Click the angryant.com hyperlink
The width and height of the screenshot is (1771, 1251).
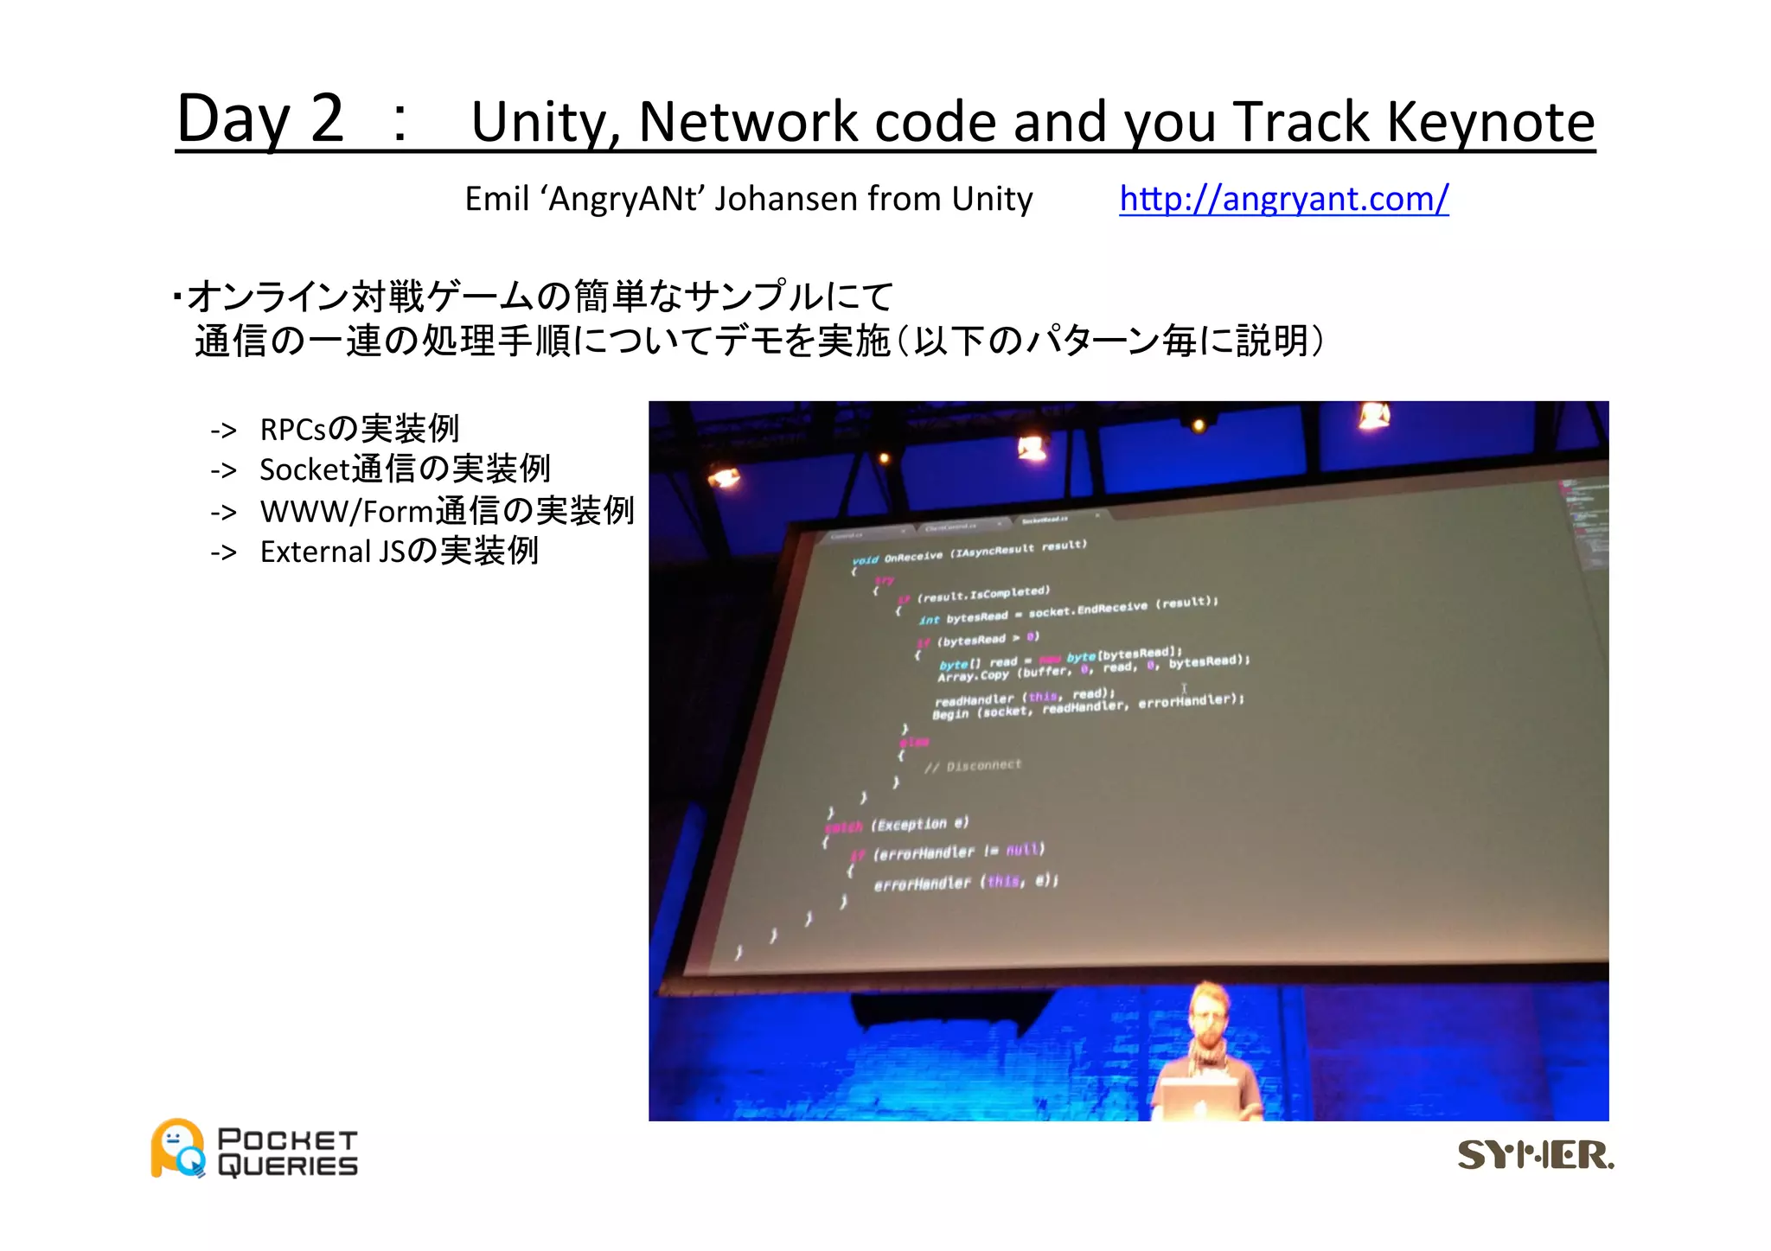coord(1283,199)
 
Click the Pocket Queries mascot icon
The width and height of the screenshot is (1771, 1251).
coord(178,1149)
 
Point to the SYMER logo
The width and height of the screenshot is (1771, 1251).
coord(1535,1155)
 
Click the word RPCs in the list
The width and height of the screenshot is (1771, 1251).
coord(294,429)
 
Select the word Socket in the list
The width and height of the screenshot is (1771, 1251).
coord(304,469)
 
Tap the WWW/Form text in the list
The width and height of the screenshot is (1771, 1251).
coord(346,511)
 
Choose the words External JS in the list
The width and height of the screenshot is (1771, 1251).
coord(331,552)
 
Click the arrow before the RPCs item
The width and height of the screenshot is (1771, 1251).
coord(223,430)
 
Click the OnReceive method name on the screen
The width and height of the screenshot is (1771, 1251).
coord(913,557)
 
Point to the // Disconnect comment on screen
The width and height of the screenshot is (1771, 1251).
coord(973,766)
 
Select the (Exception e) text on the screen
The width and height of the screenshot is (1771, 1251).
coord(920,824)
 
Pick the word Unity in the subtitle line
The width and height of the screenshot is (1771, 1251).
coord(992,199)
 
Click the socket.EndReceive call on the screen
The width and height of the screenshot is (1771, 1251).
coord(1088,609)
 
